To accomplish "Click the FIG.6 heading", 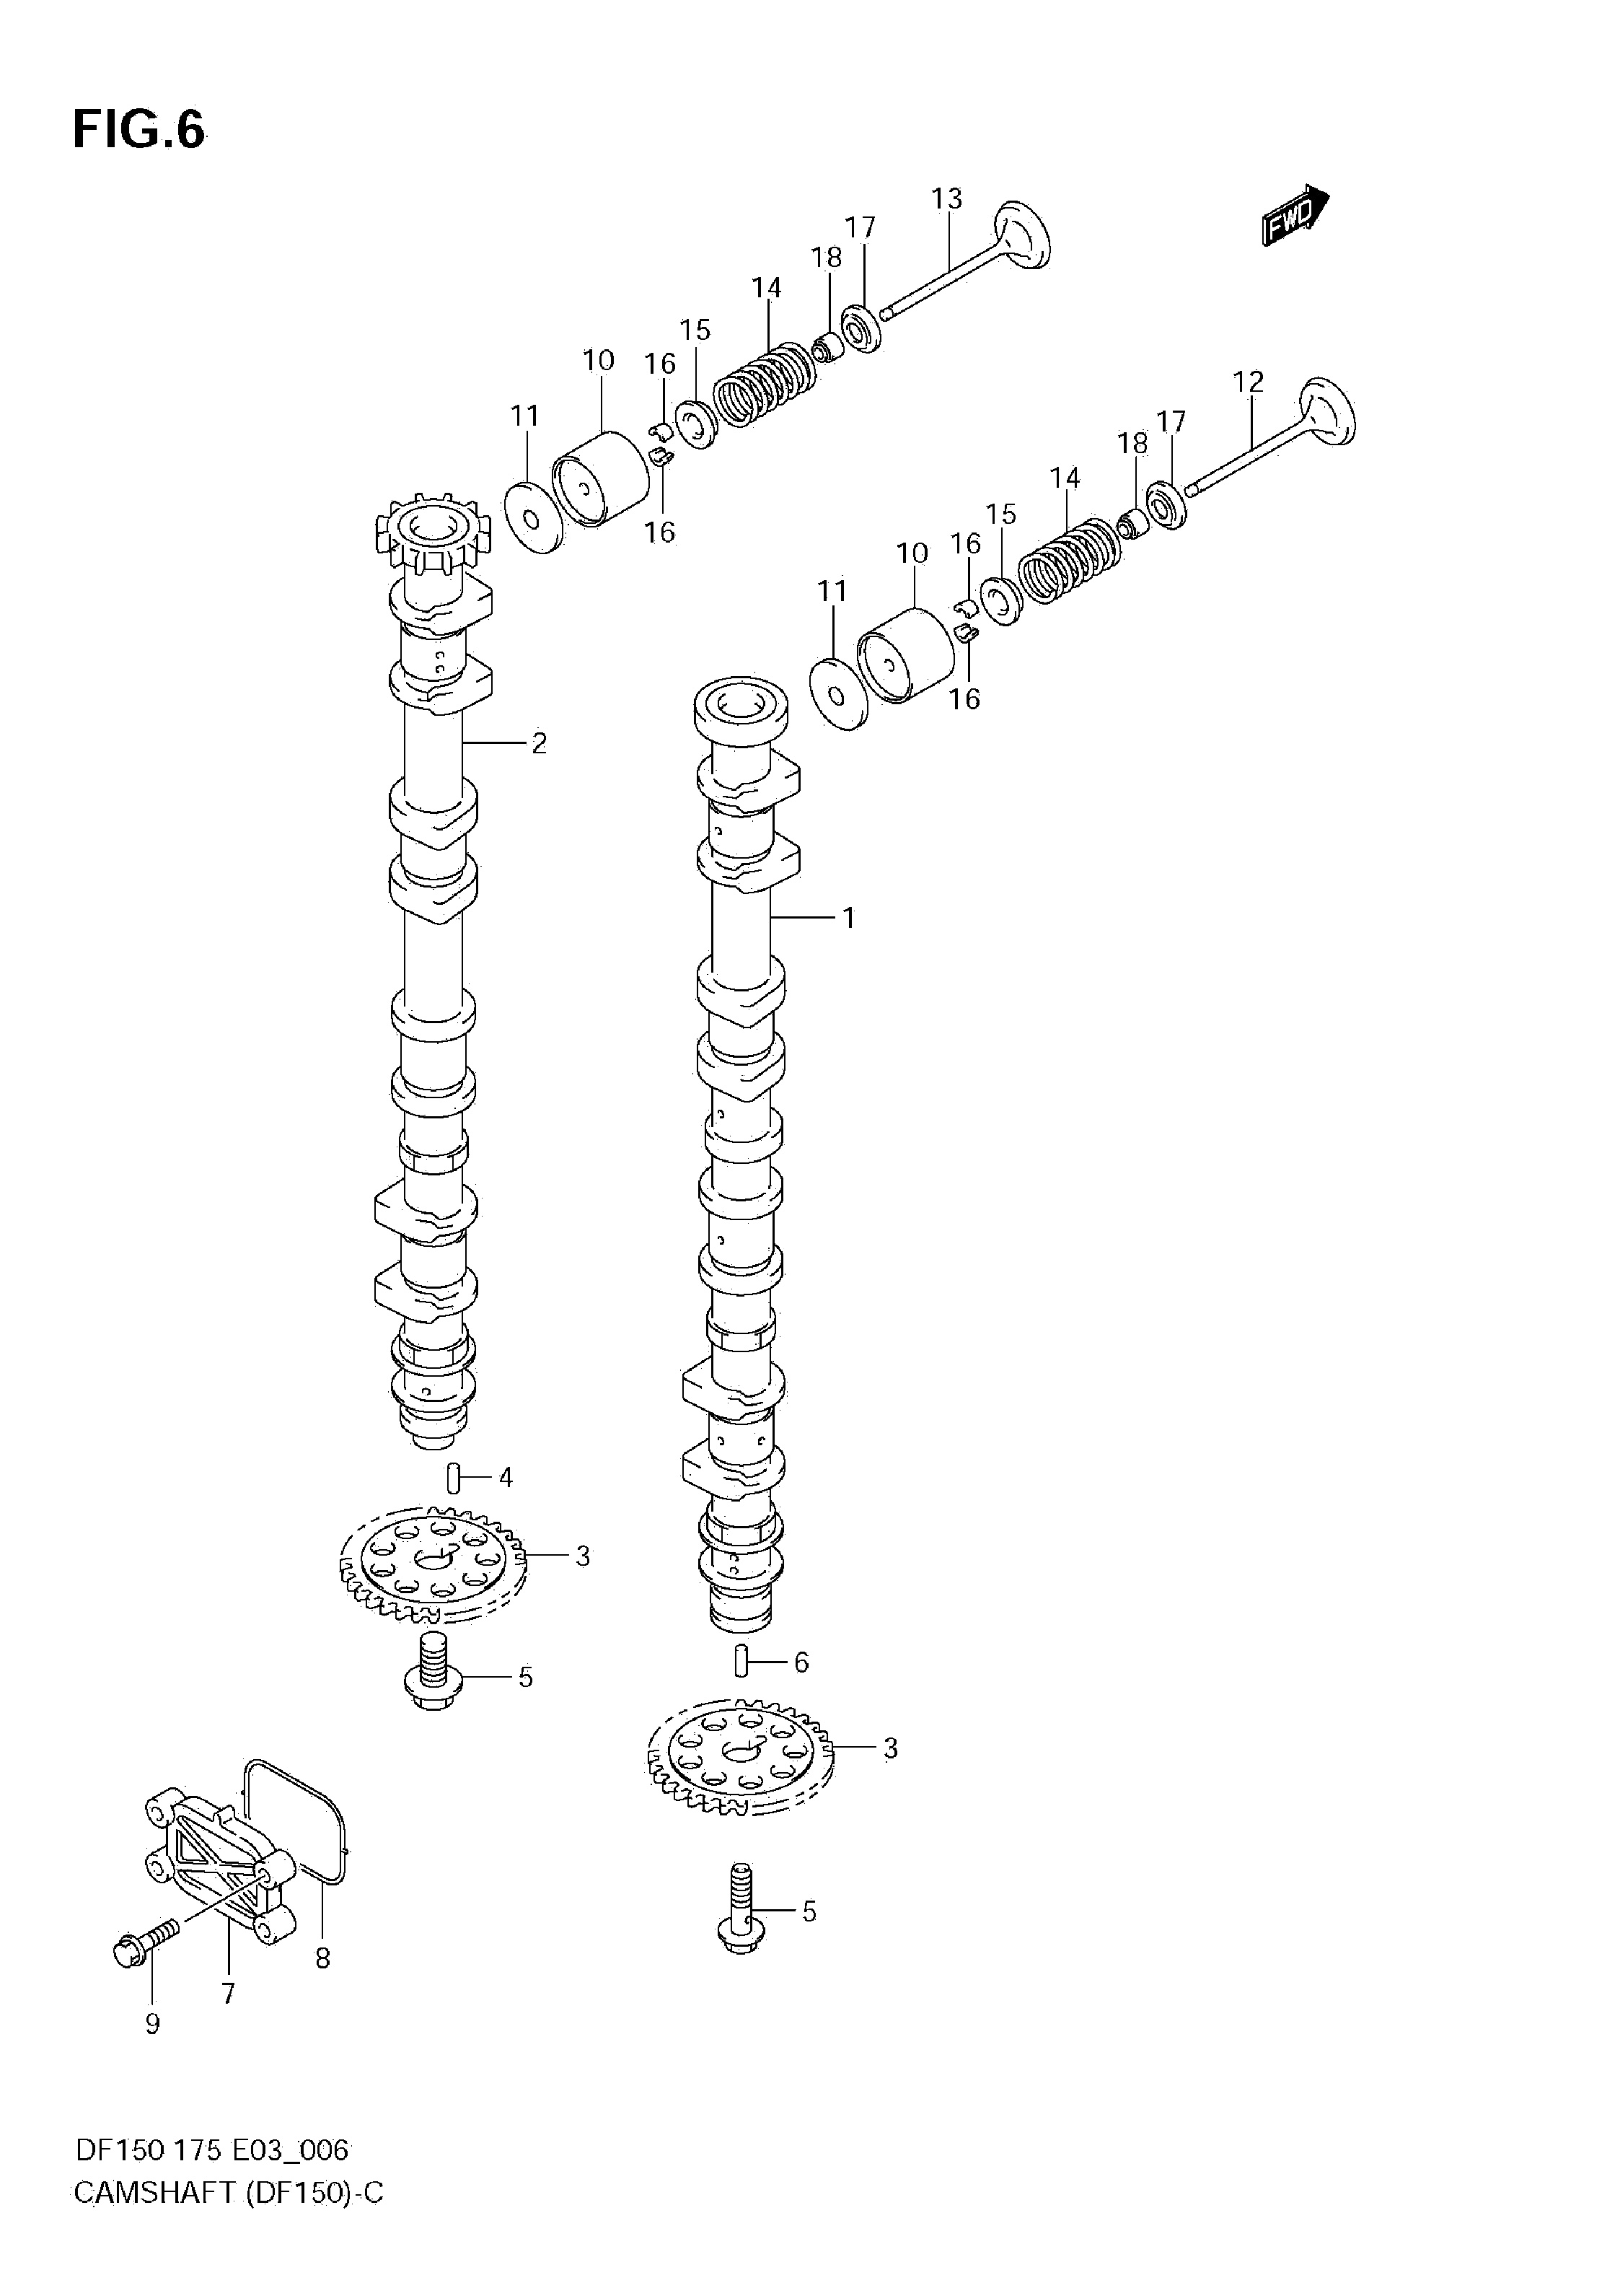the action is tap(139, 129).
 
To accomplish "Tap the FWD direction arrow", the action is tap(1295, 214).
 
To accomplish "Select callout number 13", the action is tap(947, 198).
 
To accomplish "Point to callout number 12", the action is tap(1249, 382).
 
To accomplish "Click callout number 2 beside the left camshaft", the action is tap(539, 742).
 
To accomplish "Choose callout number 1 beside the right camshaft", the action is tap(848, 919).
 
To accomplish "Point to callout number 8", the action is tap(322, 1958).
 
